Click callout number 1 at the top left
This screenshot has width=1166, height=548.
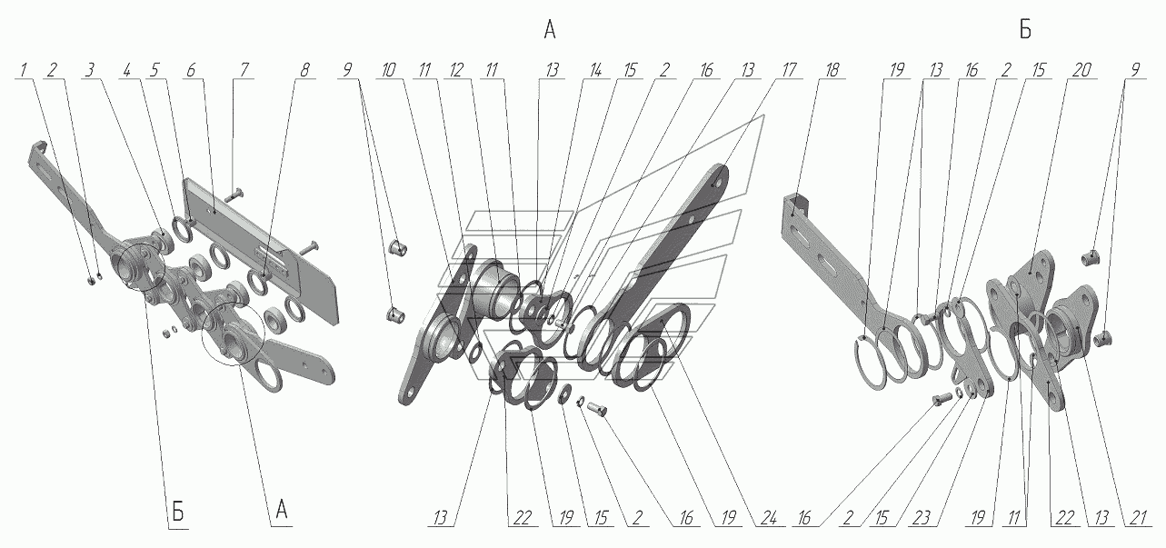(x=24, y=69)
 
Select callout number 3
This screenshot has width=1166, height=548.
(x=91, y=69)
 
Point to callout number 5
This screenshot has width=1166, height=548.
(x=154, y=69)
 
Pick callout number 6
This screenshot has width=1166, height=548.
(x=191, y=69)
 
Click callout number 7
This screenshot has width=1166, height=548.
(x=244, y=69)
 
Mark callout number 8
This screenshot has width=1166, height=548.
(x=305, y=69)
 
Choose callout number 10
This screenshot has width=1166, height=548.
(x=388, y=69)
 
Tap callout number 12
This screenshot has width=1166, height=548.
(x=456, y=69)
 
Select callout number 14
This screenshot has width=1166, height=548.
(x=595, y=69)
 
